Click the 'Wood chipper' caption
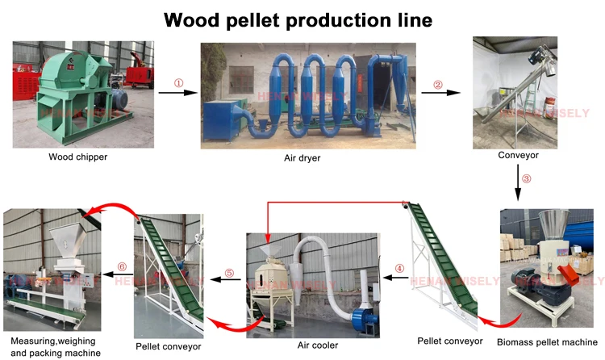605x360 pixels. tap(77, 156)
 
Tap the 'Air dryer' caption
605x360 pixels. tap(302, 158)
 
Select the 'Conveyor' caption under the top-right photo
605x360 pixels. tap(518, 155)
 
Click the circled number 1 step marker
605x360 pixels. tap(179, 82)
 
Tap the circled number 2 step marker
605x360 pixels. tap(438, 84)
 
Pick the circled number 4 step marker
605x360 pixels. tap(399, 269)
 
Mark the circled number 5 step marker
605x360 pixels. tap(229, 273)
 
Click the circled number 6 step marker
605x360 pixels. tap(122, 266)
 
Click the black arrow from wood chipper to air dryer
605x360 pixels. tap(178, 93)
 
